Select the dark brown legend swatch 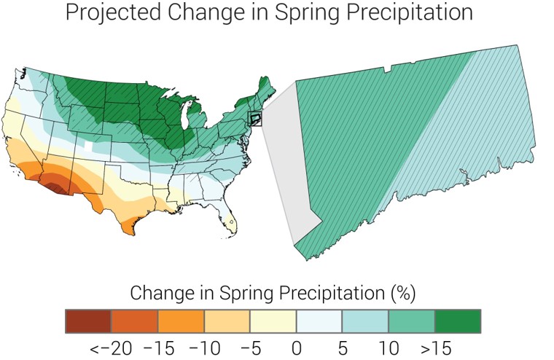point(87,321)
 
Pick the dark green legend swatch point(457,321)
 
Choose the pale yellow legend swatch point(273,321)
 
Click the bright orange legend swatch point(180,321)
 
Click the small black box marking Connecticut point(255,118)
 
